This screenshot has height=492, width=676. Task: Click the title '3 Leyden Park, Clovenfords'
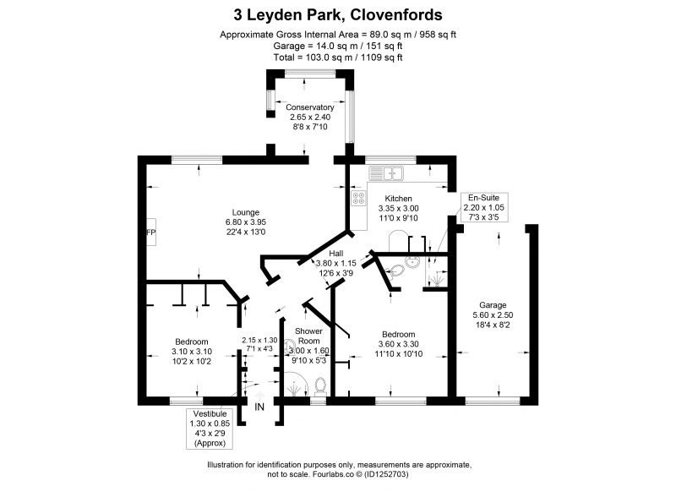pyautogui.click(x=337, y=15)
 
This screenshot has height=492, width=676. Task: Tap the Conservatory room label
pyautogui.click(x=310, y=107)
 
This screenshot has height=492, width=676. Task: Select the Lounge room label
pyautogui.click(x=246, y=212)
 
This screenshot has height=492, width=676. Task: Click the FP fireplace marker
pyautogui.click(x=151, y=232)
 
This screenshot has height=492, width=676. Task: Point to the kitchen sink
pyautogui.click(x=386, y=173)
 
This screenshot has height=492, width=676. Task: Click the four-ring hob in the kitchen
pyautogui.click(x=358, y=198)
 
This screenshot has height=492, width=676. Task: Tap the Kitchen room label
pyautogui.click(x=398, y=199)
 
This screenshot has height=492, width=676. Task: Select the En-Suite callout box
pyautogui.click(x=483, y=207)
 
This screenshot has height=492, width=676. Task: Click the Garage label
pyautogui.click(x=493, y=305)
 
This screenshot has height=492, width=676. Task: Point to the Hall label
pyautogui.click(x=336, y=253)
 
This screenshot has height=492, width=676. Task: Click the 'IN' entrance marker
pyautogui.click(x=259, y=407)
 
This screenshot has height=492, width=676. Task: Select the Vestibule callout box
pyautogui.click(x=210, y=429)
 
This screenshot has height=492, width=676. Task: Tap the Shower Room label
pyautogui.click(x=308, y=336)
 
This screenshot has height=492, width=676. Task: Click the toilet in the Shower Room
pyautogui.click(x=320, y=386)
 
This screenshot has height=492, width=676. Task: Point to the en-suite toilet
pyautogui.click(x=395, y=271)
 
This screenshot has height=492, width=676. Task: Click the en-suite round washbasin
pyautogui.click(x=412, y=262)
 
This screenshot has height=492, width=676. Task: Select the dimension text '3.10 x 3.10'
pyautogui.click(x=192, y=352)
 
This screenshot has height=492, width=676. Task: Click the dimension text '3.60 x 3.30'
pyautogui.click(x=398, y=344)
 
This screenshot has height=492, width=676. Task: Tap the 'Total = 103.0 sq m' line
pyautogui.click(x=338, y=57)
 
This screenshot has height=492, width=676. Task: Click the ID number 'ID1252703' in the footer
pyautogui.click(x=385, y=474)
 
